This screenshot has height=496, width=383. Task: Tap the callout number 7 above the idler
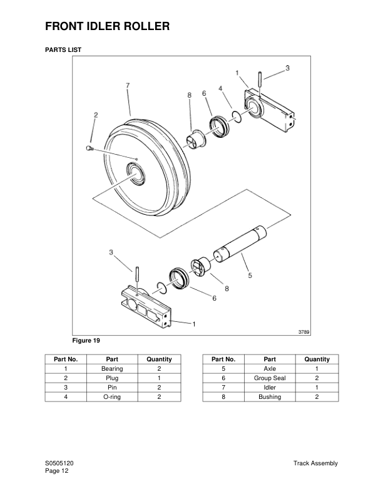pos(128,85)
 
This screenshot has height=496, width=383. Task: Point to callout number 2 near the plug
pos(96,115)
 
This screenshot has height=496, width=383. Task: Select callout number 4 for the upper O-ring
pos(221,89)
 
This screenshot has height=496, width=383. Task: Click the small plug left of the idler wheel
pos(89,148)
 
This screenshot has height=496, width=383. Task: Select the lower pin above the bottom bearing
pos(136,275)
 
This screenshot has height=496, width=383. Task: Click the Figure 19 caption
pos(87,341)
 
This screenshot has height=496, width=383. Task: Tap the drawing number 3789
pos(304,332)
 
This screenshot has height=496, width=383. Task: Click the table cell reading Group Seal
pos(270,378)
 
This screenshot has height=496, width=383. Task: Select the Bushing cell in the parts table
pos(270,397)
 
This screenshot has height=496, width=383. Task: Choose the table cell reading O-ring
pos(112,397)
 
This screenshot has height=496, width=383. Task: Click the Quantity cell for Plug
pos(159,378)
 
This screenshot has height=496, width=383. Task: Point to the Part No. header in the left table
pos(66,359)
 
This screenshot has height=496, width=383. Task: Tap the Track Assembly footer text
pos(315,463)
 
